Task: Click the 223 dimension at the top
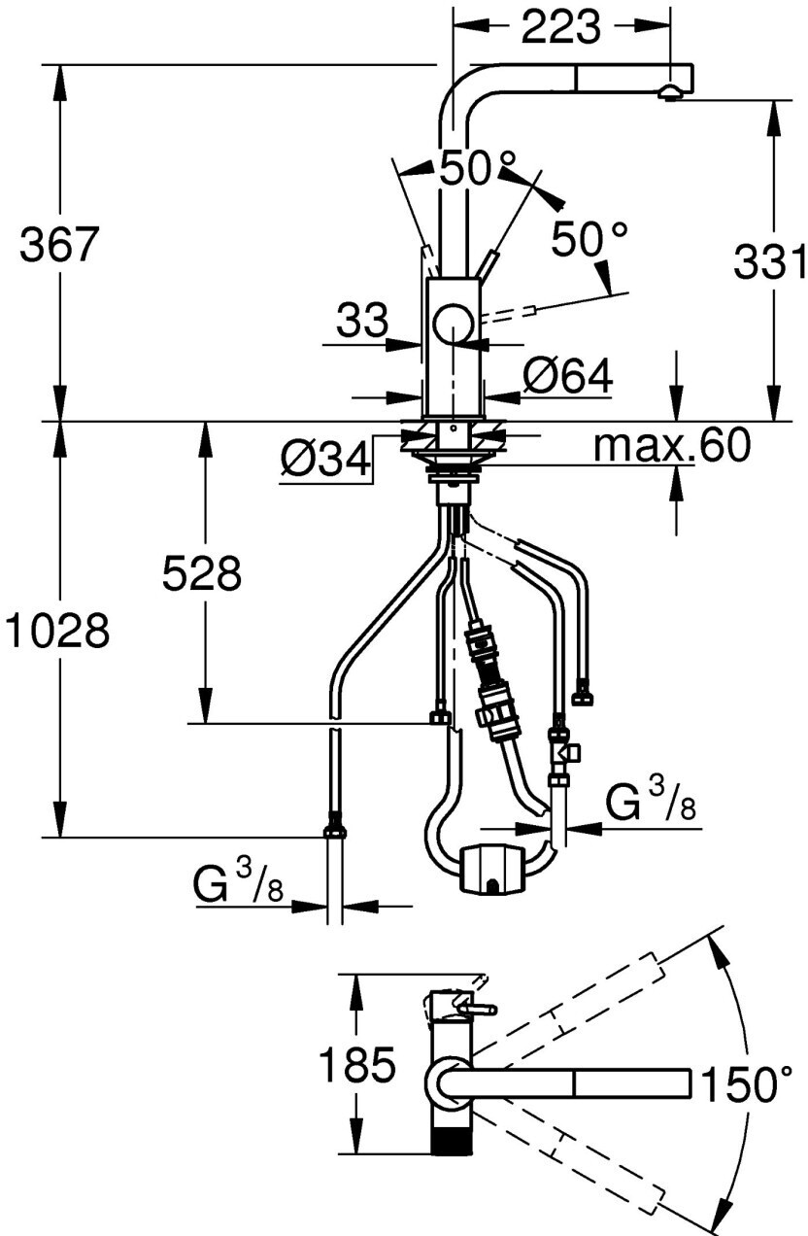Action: coord(560,29)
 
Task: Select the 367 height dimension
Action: coord(60,244)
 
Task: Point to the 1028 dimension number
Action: coord(55,632)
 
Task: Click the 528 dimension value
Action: coord(201,575)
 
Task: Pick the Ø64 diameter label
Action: coord(567,375)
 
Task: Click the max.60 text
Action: coord(672,446)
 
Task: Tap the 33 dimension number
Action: coord(362,320)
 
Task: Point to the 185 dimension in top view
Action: coord(358,1066)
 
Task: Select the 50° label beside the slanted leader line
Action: coord(589,238)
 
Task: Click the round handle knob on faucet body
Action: coord(453,323)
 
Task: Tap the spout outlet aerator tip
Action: coord(669,93)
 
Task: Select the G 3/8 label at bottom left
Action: coord(239,885)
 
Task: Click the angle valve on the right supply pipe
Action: coord(560,750)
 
